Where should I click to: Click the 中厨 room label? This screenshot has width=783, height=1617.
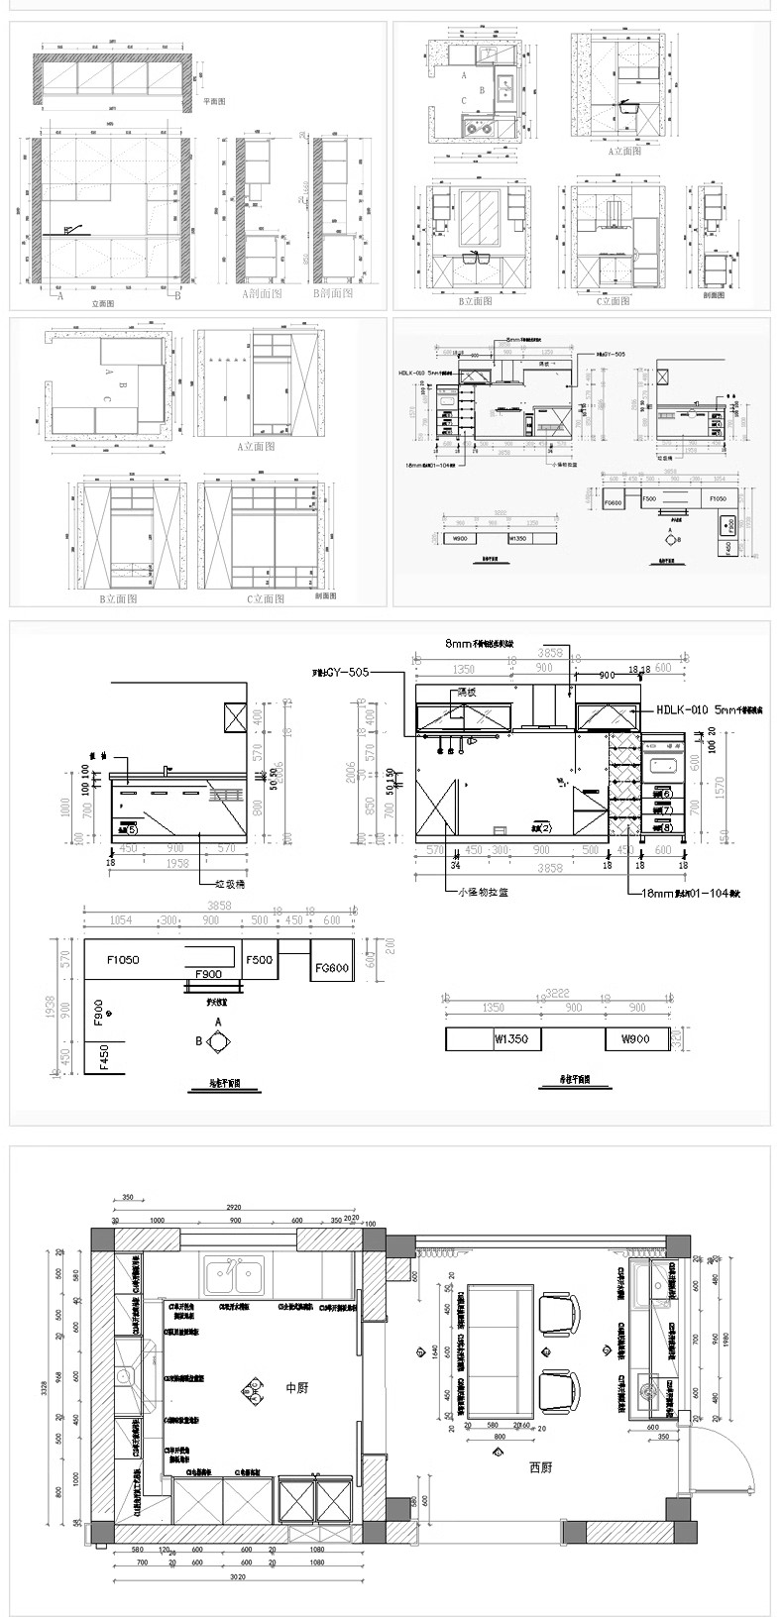(296, 1388)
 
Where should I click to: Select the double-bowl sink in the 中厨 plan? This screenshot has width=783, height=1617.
(234, 1276)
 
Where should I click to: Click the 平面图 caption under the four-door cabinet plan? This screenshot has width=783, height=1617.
(214, 102)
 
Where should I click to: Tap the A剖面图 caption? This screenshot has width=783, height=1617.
(262, 294)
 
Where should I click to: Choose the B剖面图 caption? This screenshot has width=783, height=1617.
(333, 294)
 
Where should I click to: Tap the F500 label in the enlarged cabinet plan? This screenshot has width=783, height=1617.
(260, 960)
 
